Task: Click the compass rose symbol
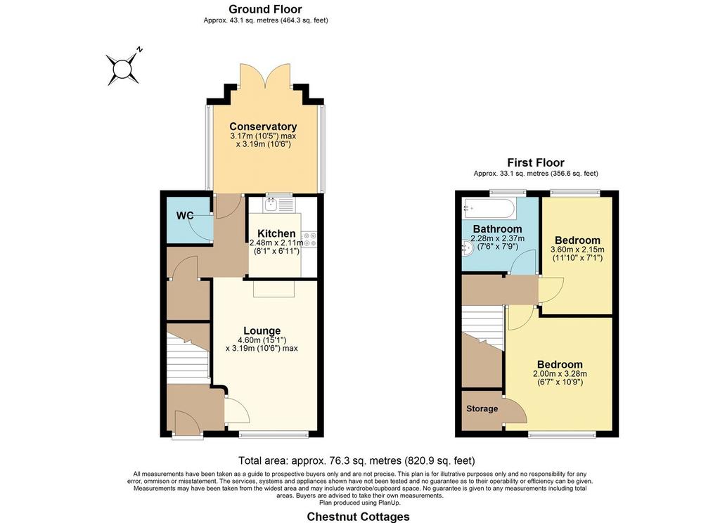tap(122, 69)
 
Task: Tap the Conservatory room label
tap(263, 127)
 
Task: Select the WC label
tap(185, 215)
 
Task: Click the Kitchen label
tap(276, 233)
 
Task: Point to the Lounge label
tap(262, 330)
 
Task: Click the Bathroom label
tap(497, 228)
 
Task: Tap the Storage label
tap(482, 408)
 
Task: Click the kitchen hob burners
tap(309, 238)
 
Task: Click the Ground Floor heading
tap(265, 9)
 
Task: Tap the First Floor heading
tap(536, 162)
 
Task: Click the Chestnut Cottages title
tap(358, 517)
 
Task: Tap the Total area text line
tap(356, 460)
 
